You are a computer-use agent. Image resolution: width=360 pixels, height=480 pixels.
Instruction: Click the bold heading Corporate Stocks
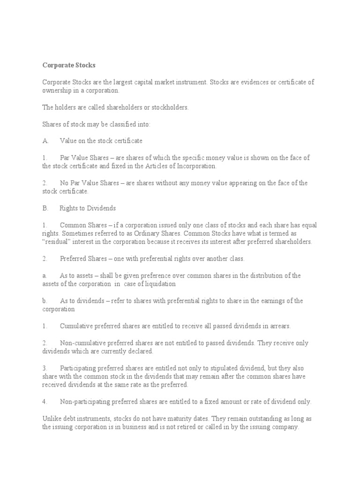pyautogui.click(x=68, y=66)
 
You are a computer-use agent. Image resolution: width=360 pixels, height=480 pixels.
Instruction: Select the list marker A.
pyautogui.click(x=45, y=141)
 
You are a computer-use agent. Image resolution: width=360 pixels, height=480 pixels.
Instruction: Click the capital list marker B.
pyautogui.click(x=45, y=208)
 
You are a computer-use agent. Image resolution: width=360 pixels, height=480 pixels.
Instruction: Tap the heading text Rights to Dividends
pyautogui.click(x=88, y=208)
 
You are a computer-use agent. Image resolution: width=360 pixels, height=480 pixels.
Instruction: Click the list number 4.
pyautogui.click(x=44, y=402)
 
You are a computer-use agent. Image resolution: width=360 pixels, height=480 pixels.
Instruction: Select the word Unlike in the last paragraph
pyautogui.click(x=51, y=419)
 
